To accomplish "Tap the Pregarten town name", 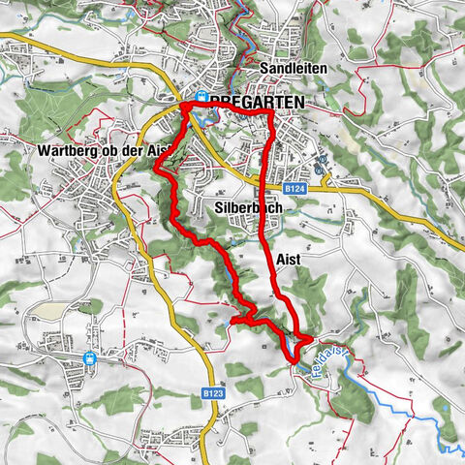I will (x=256, y=102).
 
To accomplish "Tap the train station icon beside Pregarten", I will (x=201, y=97).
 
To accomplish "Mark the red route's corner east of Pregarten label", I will (x=269, y=115).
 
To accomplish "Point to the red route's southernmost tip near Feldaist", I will (x=291, y=362).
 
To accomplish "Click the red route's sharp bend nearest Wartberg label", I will (x=156, y=170).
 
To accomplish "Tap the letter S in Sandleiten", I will (x=265, y=71).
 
